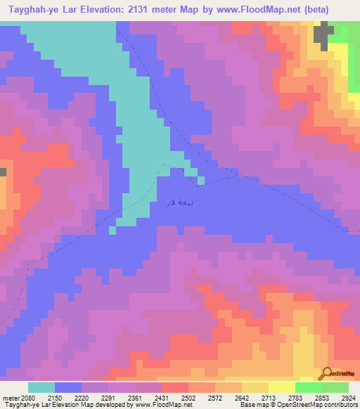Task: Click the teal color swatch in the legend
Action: coord(41,387)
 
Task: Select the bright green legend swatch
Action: coord(308,387)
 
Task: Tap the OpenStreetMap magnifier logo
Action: coord(328,373)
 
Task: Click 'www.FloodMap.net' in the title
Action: coord(260,9)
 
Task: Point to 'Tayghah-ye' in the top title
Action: coord(30,9)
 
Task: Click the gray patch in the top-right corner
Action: coord(324,34)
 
